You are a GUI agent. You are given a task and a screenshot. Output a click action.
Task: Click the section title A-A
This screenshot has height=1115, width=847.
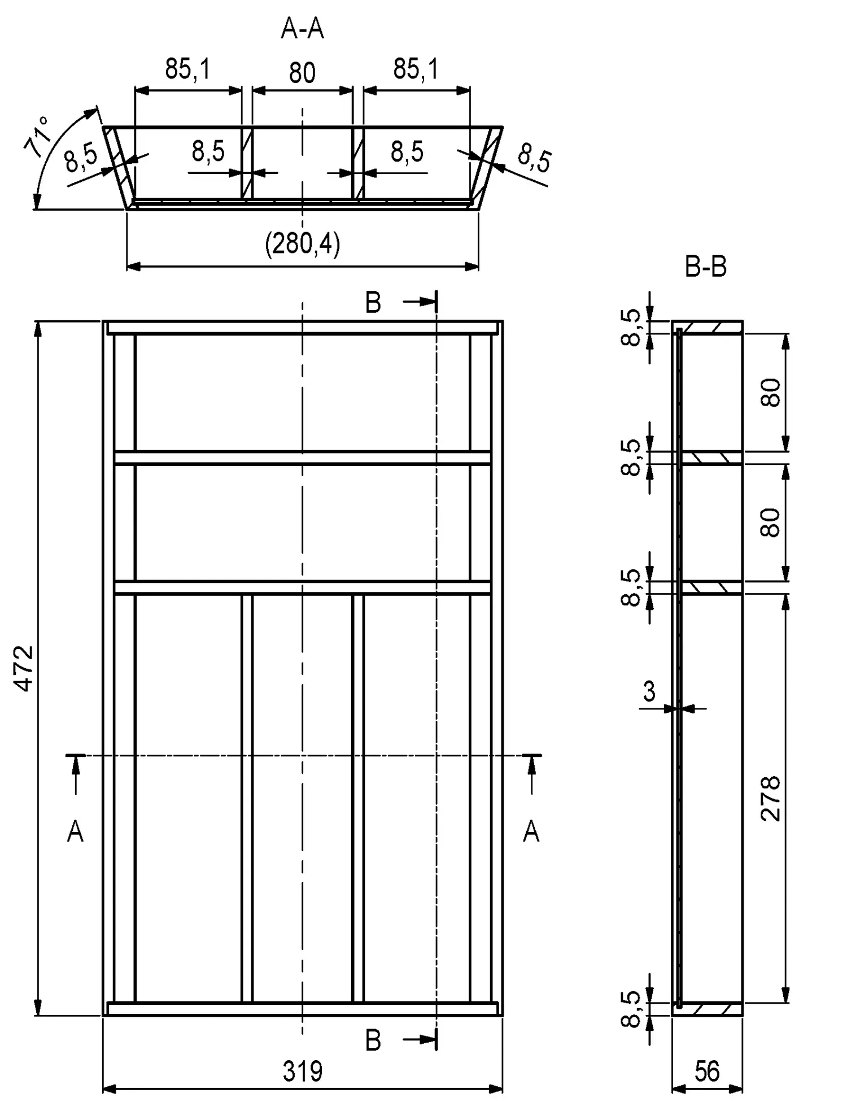pos(302,29)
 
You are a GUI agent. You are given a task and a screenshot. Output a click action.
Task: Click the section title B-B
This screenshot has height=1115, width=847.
pos(705,267)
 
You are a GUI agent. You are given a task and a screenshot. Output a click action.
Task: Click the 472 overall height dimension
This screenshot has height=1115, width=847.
pos(24,668)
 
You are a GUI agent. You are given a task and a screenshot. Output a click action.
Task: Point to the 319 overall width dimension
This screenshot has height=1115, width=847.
pos(303,1072)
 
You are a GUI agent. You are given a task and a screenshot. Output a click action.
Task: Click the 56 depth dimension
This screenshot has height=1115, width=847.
pos(707,1072)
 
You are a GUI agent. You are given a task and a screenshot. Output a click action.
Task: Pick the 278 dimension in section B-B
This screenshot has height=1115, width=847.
pos(771,799)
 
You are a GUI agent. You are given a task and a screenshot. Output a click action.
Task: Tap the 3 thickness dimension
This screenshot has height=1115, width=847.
pos(649,691)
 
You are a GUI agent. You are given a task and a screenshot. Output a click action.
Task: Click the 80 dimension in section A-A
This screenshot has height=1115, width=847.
pos(302,73)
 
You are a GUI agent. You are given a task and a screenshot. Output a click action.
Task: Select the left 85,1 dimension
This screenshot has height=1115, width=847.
pos(187,69)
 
